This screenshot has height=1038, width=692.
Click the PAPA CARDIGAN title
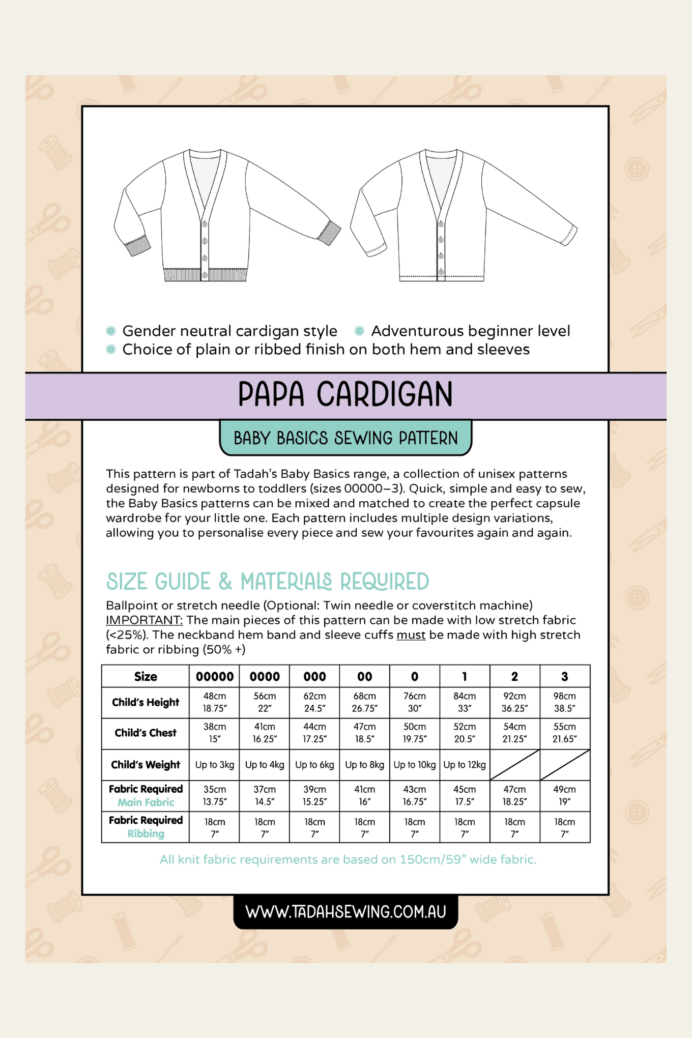pos(345,394)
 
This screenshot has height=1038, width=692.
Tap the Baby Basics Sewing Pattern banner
pos(345,438)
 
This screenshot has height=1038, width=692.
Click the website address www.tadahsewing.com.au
pos(345,911)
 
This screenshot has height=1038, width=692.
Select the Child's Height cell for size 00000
pos(215,702)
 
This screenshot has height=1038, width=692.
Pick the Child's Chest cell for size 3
pos(565,733)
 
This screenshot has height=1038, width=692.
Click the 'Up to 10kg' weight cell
pos(415,765)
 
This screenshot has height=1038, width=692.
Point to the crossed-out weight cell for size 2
pos(514,765)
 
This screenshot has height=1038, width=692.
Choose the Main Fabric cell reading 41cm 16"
pos(365,795)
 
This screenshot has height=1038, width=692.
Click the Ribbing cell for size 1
pos(465,827)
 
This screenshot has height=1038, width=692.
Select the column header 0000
pos(265,676)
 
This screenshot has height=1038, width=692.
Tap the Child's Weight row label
pos(146,765)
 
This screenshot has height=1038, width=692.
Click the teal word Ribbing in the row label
pos(146,833)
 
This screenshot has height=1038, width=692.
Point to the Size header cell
pos(146,676)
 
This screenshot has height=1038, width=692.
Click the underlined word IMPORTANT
pos(144,620)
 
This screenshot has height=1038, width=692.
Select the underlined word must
pos(411,635)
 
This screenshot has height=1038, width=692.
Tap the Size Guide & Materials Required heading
pos(268,582)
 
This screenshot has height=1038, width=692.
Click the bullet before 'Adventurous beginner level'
pos(359,331)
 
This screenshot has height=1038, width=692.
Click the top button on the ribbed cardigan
pos(205,224)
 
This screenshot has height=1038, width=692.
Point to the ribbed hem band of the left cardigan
pos(206,275)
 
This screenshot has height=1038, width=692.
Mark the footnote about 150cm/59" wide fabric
pos(348,859)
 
